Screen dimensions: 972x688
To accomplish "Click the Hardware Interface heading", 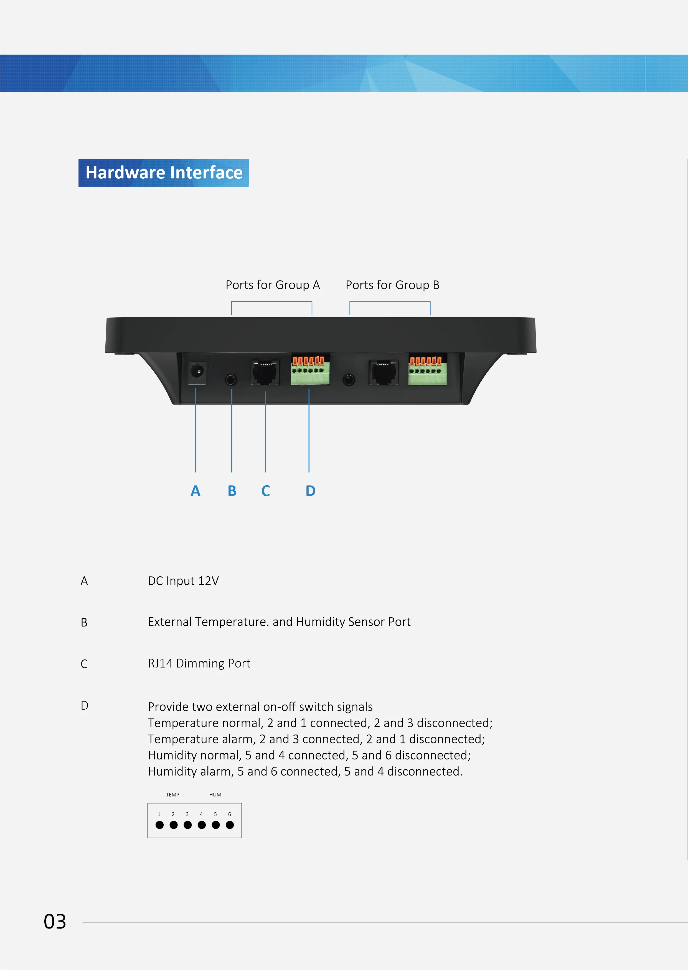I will pyautogui.click(x=164, y=173).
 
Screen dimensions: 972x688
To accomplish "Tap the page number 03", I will pyautogui.click(x=55, y=922).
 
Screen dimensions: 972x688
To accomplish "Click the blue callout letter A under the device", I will pyautogui.click(x=195, y=491).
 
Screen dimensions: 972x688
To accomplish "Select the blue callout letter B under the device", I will pyautogui.click(x=232, y=491).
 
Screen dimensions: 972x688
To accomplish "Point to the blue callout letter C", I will pyautogui.click(x=266, y=491).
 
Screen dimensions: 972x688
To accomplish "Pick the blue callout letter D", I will pyautogui.click(x=311, y=491).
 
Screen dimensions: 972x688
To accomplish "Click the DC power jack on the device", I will pyautogui.click(x=197, y=373).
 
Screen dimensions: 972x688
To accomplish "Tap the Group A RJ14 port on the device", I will pyautogui.click(x=265, y=373).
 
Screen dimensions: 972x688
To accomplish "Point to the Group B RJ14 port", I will pyautogui.click(x=383, y=373).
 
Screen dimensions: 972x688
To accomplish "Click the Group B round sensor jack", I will pyautogui.click(x=349, y=379).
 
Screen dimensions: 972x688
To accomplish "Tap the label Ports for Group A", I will pyautogui.click(x=272, y=285).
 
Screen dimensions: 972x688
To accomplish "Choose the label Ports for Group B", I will pyautogui.click(x=392, y=285).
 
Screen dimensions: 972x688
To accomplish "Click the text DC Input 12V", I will pyautogui.click(x=183, y=581).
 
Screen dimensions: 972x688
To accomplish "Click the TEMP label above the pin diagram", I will pyautogui.click(x=172, y=795).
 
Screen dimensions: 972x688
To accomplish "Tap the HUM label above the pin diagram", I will pyautogui.click(x=215, y=795).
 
